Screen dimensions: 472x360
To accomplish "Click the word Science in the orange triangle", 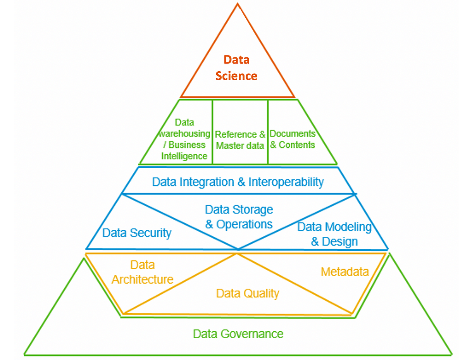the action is coord(236,76).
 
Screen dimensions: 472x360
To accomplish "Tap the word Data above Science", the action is coord(236,60).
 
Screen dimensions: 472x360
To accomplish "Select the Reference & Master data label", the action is coord(240,140).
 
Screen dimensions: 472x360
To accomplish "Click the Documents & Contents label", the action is coord(293,139).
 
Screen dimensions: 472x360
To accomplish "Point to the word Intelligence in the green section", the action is coord(184,156).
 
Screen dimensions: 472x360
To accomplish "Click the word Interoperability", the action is coord(286,182).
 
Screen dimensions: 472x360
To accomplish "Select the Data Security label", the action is coord(137,233).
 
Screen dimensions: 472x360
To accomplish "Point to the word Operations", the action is coord(245,224).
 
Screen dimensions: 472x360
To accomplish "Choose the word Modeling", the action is coord(346,227).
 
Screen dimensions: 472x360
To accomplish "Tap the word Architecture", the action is coord(143,279).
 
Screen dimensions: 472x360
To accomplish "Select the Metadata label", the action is coord(345,272).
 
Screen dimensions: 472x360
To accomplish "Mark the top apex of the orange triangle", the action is coord(238,3).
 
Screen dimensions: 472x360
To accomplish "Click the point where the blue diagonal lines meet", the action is coord(238,249).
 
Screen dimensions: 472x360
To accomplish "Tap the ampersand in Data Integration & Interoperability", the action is coord(241,182).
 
